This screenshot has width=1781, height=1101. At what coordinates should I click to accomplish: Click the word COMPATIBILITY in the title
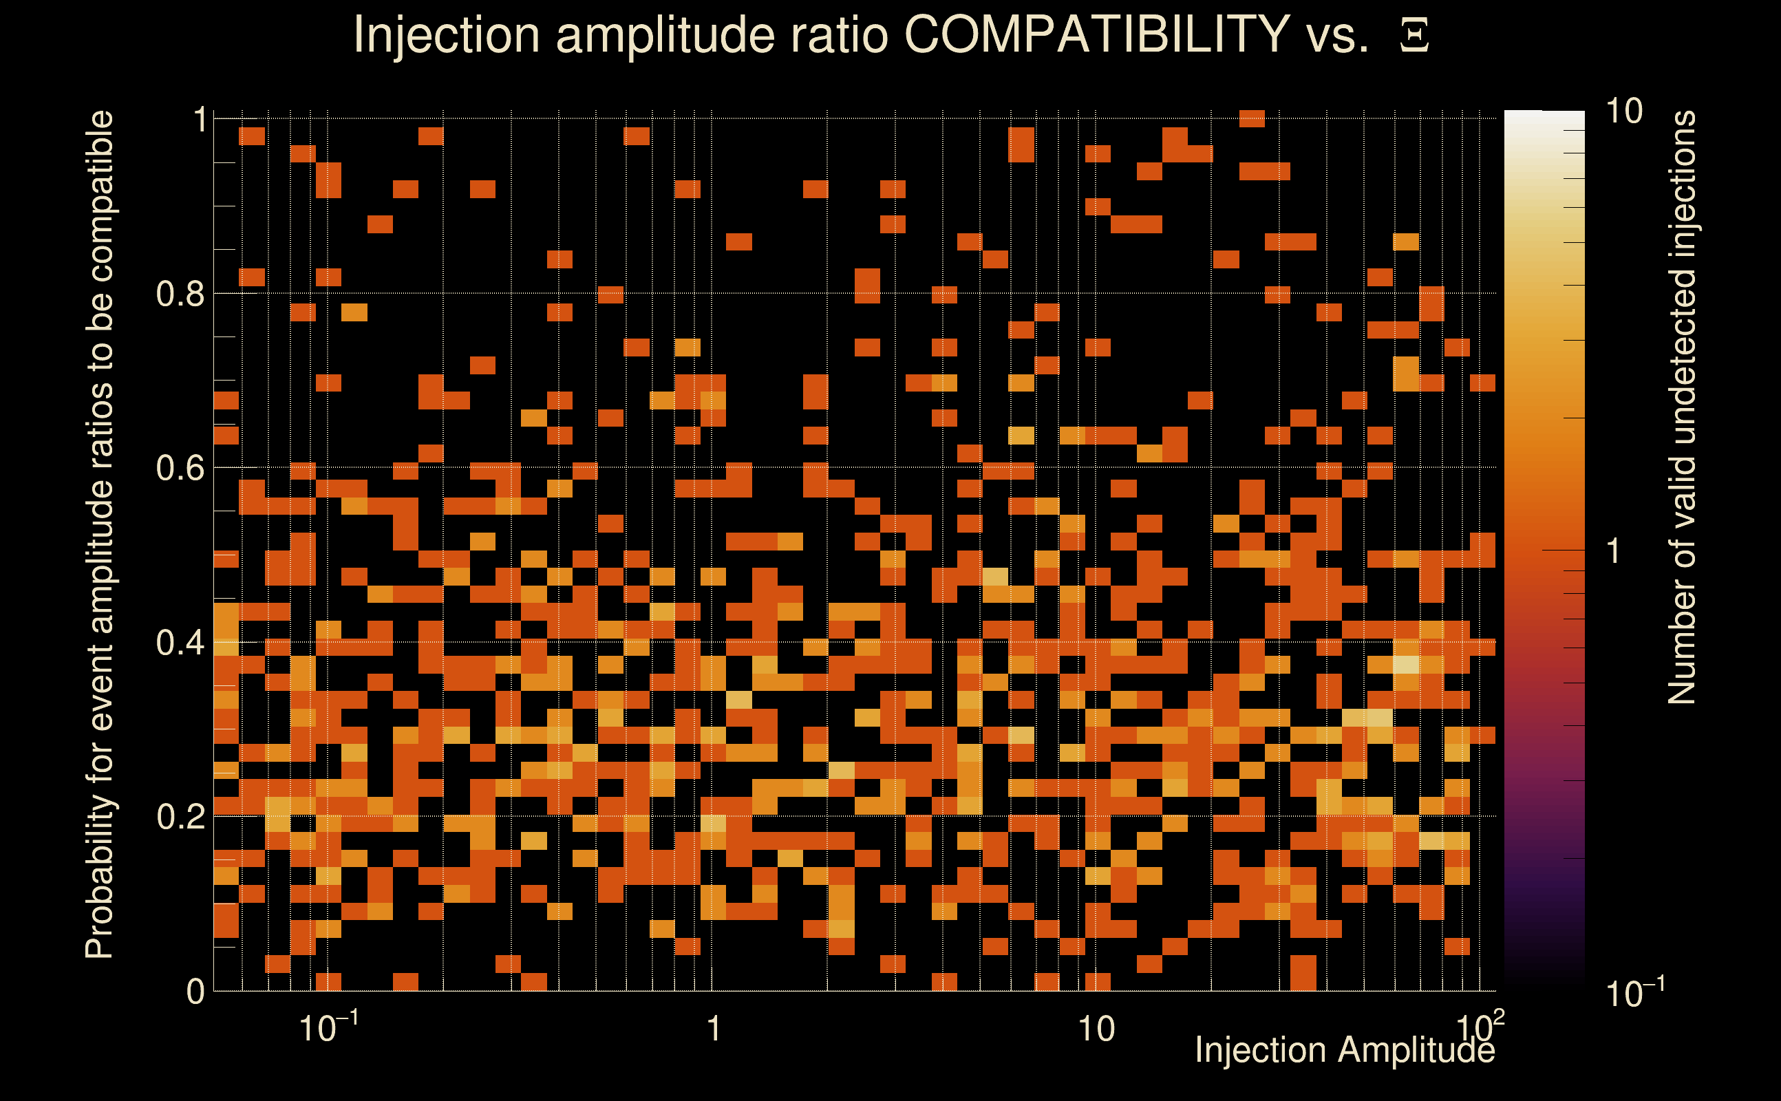[x=1096, y=34]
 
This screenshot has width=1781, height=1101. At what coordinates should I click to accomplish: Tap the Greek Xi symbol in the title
[x=1414, y=36]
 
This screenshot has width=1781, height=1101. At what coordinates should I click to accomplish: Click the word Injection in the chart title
[x=447, y=34]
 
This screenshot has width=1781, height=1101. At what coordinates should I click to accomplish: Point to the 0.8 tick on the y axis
[x=180, y=295]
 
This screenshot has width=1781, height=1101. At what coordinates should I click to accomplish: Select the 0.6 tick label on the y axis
[x=180, y=468]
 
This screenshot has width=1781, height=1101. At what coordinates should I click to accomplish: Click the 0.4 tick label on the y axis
[x=180, y=643]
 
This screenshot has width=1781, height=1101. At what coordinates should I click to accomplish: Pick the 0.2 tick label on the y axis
[x=180, y=817]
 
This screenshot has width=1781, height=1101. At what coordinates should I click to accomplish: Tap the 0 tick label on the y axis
[x=195, y=992]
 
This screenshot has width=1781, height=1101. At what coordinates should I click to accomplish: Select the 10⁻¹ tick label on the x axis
[x=328, y=1028]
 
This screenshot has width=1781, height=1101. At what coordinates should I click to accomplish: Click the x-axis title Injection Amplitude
[x=1345, y=1051]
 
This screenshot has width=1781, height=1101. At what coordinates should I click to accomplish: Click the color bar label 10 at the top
[x=1623, y=112]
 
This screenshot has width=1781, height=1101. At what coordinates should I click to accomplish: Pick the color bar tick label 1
[x=1614, y=551]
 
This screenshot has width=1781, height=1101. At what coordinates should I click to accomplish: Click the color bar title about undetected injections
[x=1681, y=408]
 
